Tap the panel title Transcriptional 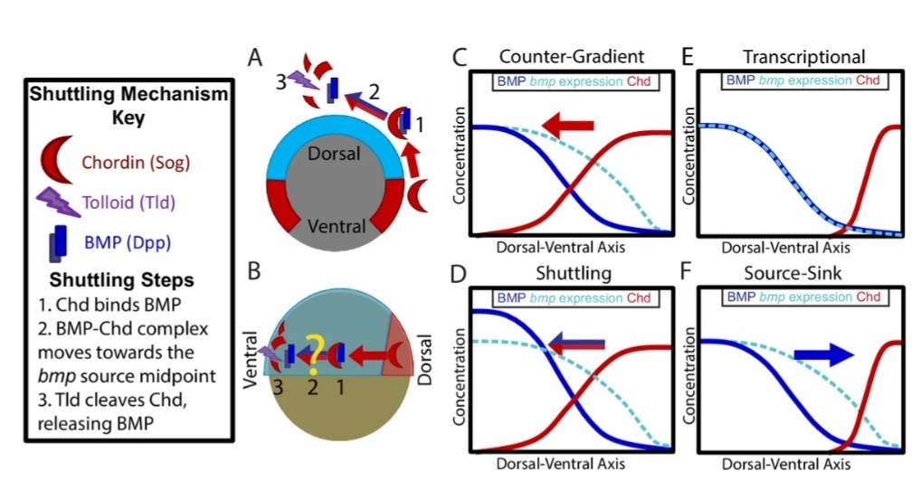pyautogui.click(x=801, y=55)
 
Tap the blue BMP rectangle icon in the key pyautogui.click(x=58, y=241)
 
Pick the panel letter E pyautogui.click(x=687, y=59)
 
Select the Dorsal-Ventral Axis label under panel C pyautogui.click(x=561, y=246)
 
